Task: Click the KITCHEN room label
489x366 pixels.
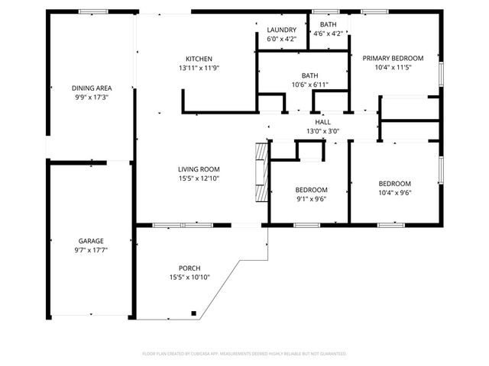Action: [x=199, y=59]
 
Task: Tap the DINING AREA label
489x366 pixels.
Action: [x=87, y=88]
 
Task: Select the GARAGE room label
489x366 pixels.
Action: [x=90, y=240]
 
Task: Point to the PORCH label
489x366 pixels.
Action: [x=189, y=268]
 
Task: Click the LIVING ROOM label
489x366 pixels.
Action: [x=199, y=169]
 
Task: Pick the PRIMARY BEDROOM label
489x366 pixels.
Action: [x=393, y=58]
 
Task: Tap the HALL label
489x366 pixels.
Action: [x=322, y=122]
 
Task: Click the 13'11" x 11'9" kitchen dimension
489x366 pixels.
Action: [x=199, y=69]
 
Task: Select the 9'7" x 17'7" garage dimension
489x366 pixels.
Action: [x=90, y=250]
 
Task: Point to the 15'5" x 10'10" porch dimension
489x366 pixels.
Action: [x=189, y=278]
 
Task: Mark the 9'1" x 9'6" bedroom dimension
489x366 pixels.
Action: [x=311, y=200]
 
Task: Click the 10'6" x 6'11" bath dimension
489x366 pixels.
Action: [x=309, y=85]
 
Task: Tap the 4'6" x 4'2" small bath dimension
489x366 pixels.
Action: [x=328, y=34]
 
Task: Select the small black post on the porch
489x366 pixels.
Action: [x=194, y=313]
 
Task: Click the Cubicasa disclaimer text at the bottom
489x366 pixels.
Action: [x=244, y=354]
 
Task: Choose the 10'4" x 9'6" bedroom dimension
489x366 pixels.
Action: [x=394, y=193]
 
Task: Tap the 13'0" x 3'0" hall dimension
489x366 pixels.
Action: [x=322, y=131]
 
